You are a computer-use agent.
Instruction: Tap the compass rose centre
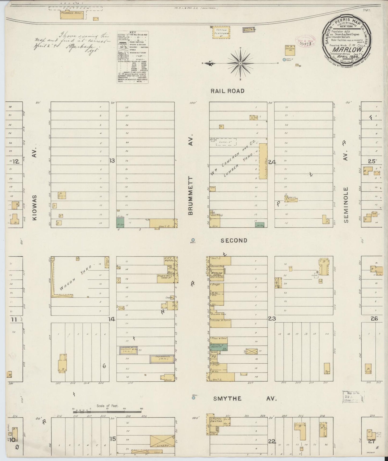241,63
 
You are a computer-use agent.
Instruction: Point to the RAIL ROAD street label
227,91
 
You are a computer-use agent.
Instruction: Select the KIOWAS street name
35,208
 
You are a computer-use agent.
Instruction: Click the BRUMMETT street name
191,196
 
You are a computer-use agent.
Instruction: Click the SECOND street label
234,240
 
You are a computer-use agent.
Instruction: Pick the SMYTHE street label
227,398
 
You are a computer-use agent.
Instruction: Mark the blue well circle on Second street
193,240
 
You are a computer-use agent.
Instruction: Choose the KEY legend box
133,57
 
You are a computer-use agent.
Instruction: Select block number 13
112,161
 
